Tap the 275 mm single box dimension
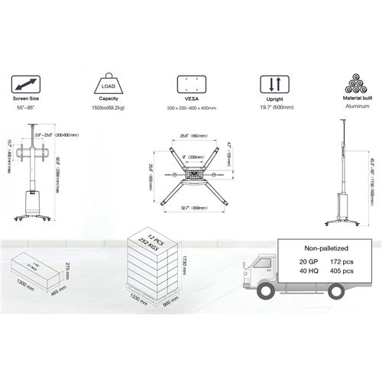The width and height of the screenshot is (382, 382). [68, 268]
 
